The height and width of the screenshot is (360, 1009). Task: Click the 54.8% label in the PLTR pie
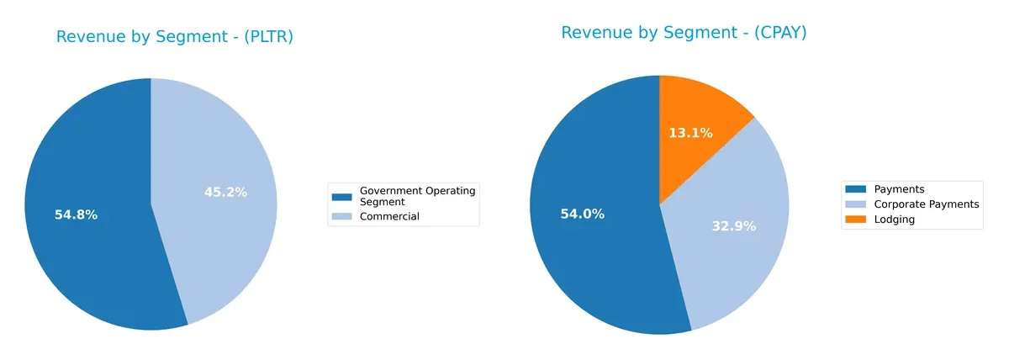(76, 214)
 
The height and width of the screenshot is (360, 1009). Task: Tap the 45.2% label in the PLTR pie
(225, 192)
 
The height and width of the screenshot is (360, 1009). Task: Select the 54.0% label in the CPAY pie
(582, 214)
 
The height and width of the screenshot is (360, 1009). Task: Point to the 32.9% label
(734, 226)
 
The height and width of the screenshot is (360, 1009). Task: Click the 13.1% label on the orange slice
(690, 133)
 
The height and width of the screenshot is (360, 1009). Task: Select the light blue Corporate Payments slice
(732, 261)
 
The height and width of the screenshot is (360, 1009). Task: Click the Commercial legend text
(388, 216)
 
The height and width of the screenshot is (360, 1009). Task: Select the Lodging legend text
(894, 219)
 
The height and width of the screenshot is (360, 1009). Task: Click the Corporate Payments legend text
(926, 204)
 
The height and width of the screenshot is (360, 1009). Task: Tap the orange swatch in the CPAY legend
(856, 219)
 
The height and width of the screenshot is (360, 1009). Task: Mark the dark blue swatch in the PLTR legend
(341, 197)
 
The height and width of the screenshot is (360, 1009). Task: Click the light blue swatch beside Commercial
(341, 216)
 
